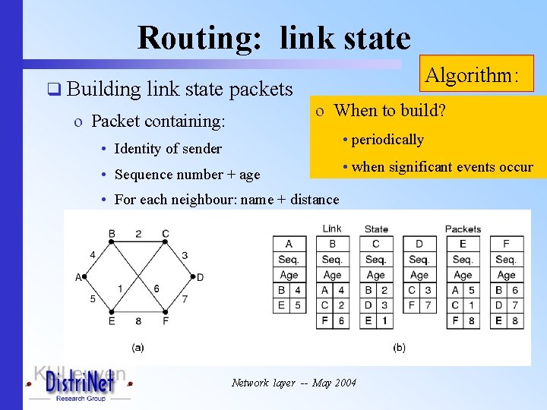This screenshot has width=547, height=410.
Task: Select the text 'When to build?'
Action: click(x=390, y=110)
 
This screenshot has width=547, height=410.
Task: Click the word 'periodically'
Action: click(x=387, y=139)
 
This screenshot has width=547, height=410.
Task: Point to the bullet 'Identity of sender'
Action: click(x=168, y=149)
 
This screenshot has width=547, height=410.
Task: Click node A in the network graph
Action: click(x=78, y=277)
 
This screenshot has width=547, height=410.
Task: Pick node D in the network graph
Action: click(x=200, y=277)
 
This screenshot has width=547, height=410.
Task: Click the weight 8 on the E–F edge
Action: click(x=139, y=321)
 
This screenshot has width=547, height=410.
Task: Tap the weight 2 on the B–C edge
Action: click(x=138, y=233)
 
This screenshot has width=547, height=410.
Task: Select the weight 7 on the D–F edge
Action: click(x=185, y=298)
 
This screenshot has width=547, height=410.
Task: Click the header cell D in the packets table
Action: click(x=419, y=244)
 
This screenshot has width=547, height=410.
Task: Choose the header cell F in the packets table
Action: click(x=506, y=244)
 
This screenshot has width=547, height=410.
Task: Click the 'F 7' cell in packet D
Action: click(x=419, y=305)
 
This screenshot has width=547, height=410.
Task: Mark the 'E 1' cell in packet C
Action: click(x=375, y=320)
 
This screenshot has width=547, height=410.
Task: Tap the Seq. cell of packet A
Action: click(x=289, y=259)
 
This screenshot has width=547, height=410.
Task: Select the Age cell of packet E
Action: click(x=463, y=275)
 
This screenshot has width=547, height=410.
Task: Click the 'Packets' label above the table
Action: click(x=463, y=229)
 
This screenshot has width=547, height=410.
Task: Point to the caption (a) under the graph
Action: click(x=138, y=347)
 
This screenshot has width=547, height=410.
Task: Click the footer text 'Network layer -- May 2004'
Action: click(x=293, y=383)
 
